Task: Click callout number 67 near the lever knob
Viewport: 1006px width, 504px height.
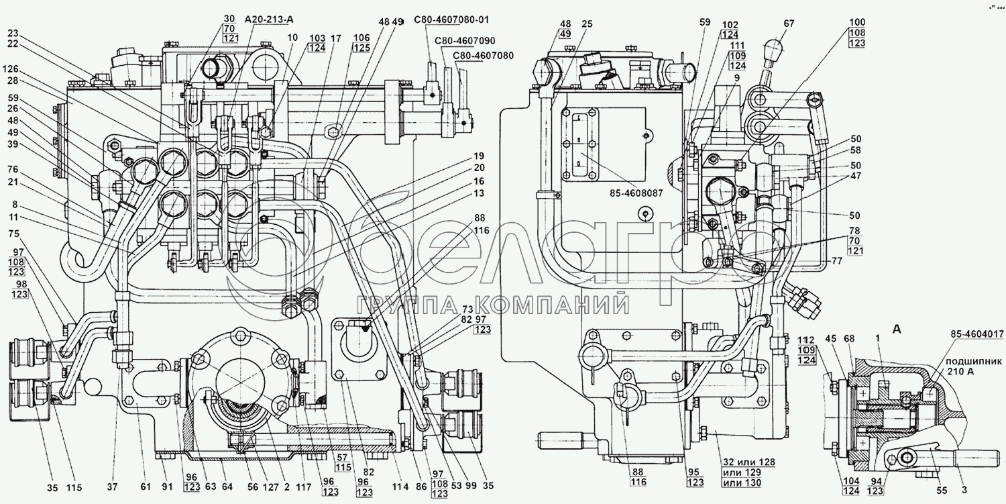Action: click(789, 24)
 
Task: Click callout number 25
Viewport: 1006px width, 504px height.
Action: click(588, 23)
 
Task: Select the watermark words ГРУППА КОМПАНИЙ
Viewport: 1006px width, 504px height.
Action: click(494, 307)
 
